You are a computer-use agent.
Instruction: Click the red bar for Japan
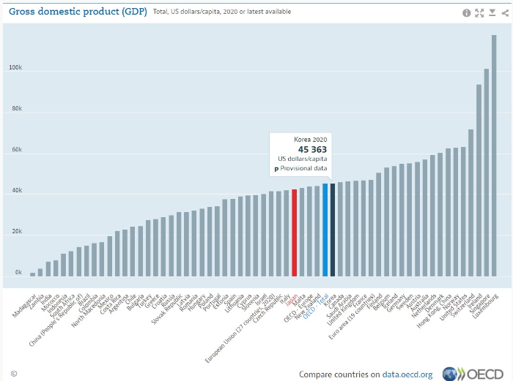pos(294,233)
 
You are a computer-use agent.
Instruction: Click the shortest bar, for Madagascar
pos(32,274)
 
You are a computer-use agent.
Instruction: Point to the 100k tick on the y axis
pos(15,68)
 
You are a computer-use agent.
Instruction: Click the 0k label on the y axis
pos(18,273)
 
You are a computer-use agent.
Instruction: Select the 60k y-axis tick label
pos(16,150)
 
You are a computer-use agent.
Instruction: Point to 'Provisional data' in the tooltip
pos(306,168)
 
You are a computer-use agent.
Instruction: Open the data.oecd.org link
pos(406,374)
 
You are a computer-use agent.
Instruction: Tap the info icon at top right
pos(467,12)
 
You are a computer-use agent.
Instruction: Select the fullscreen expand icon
pos(480,12)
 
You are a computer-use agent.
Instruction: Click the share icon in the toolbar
pos(505,12)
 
